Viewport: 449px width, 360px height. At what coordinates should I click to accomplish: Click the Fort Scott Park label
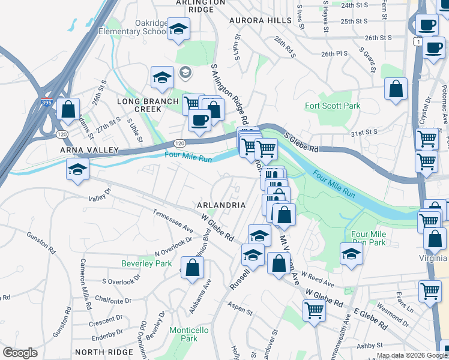tap(333, 106)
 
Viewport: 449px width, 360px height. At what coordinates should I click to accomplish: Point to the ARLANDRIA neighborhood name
tap(221, 205)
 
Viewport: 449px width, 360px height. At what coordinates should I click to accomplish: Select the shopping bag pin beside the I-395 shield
tap(68, 110)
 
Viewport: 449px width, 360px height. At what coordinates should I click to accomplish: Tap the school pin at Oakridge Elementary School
tap(178, 28)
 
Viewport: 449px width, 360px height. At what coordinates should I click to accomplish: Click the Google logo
tap(20, 353)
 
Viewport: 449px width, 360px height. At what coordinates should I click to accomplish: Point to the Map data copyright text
tap(412, 355)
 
